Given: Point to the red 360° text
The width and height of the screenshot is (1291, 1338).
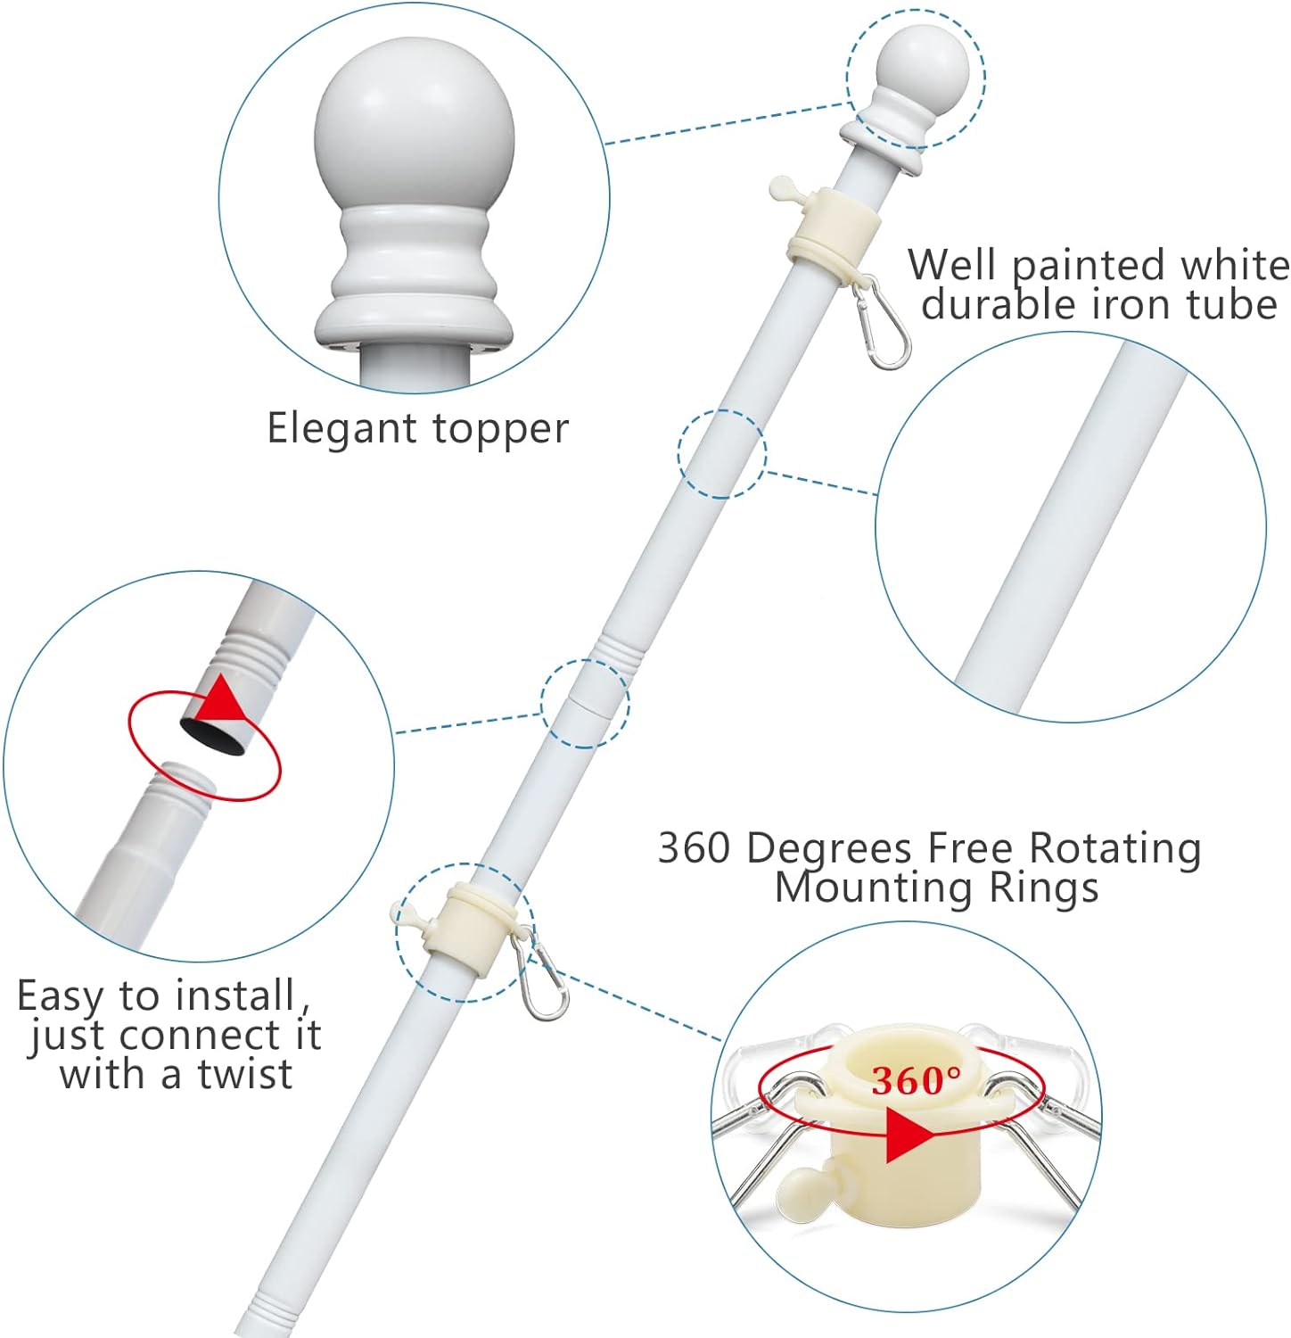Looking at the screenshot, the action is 917,1080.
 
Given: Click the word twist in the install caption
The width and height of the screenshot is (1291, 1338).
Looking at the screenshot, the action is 245,1074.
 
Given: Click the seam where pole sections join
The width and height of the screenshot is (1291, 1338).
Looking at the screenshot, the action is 584,701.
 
